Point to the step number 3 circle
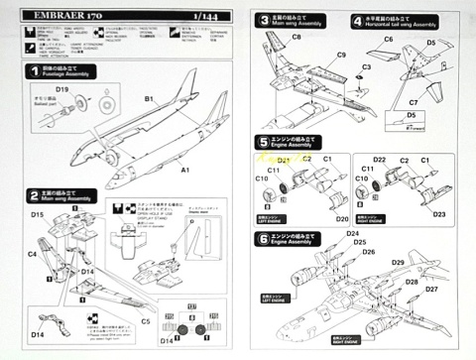[262, 20]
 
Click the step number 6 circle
[262, 238]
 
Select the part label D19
[61, 90]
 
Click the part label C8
[297, 37]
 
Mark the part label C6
[388, 39]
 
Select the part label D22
[379, 160]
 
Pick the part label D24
[353, 234]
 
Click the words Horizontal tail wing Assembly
[407, 26]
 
